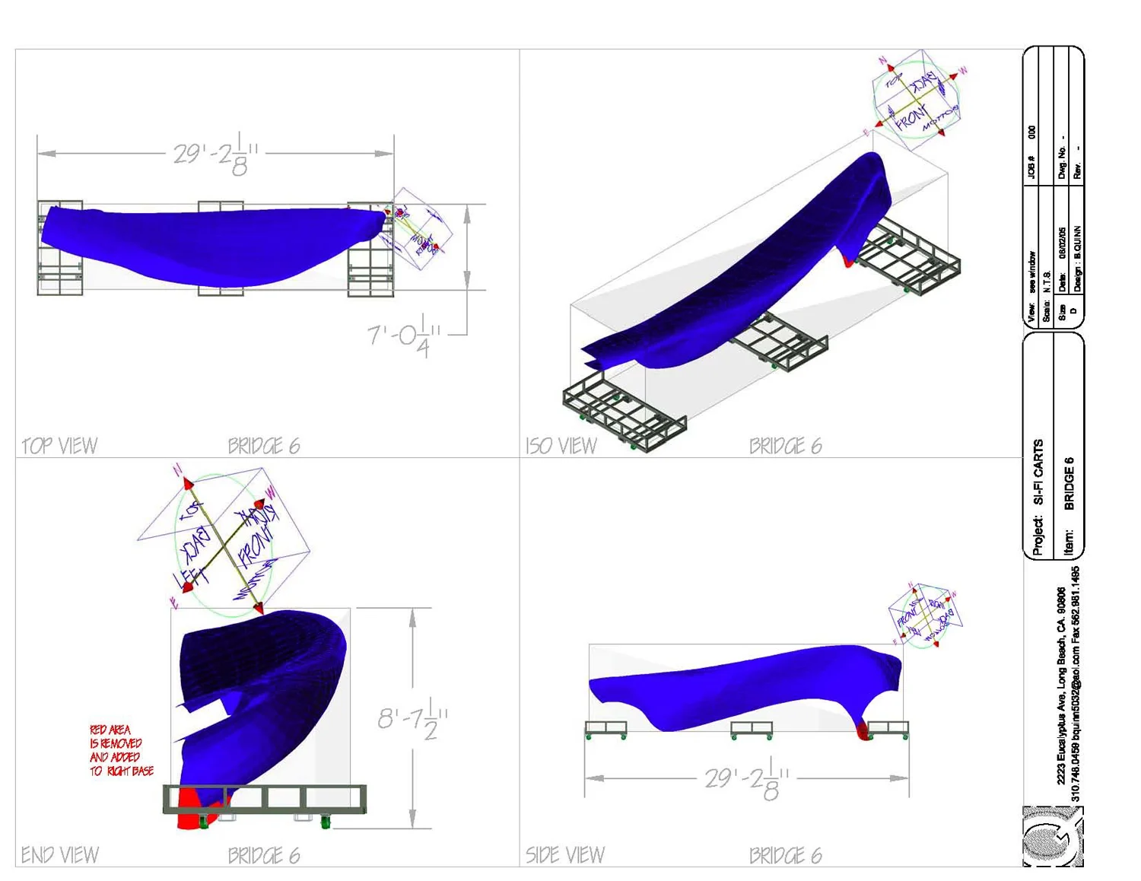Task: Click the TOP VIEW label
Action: [x=59, y=446]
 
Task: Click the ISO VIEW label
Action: [x=561, y=446]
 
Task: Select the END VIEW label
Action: [x=59, y=855]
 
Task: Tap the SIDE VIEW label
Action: [x=564, y=855]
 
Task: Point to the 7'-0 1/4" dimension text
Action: [x=403, y=338]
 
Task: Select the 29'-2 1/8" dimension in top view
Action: [x=215, y=154]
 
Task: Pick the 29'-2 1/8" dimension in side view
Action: [x=747, y=779]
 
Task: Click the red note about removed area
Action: [x=120, y=751]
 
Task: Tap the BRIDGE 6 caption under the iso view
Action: [x=785, y=446]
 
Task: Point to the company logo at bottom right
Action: [x=1052, y=837]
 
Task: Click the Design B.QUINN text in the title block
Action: [x=1077, y=259]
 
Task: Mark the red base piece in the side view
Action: [x=863, y=732]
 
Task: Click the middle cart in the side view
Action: [x=752, y=730]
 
